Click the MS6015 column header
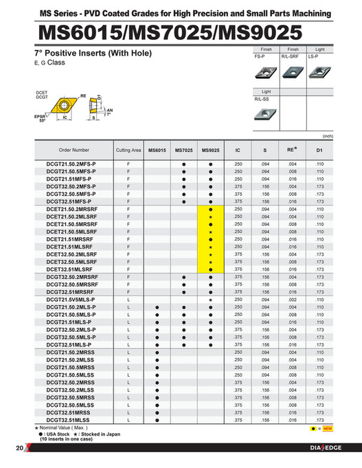(157, 150)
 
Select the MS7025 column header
(183, 150)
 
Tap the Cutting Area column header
(128, 150)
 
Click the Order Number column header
(74, 150)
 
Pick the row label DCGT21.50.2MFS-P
(71, 164)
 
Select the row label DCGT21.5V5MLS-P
(71, 300)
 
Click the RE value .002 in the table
(292, 300)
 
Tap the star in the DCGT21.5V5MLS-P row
(210, 300)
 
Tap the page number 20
(19, 449)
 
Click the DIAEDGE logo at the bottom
(324, 449)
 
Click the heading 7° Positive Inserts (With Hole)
(93, 54)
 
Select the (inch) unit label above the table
(328, 136)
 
